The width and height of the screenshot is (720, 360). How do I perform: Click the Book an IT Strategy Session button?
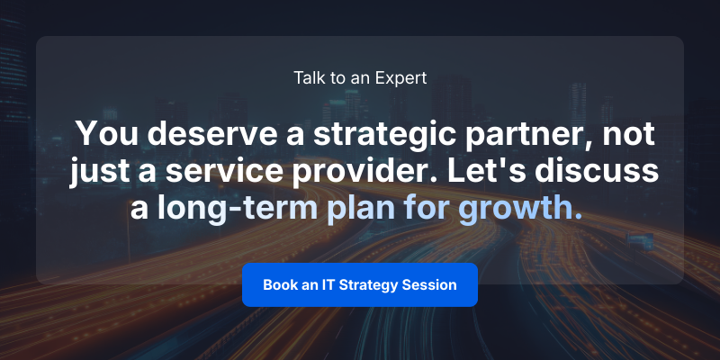click(x=360, y=284)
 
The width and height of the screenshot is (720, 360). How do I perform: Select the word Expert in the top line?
click(x=402, y=77)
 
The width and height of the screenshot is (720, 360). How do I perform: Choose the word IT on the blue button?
click(x=328, y=284)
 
